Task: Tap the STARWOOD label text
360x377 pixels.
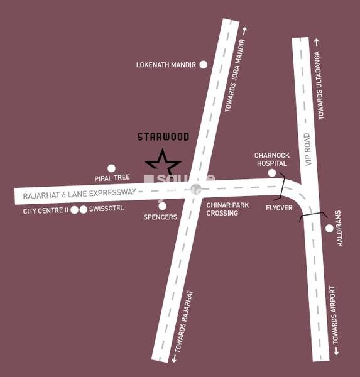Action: (x=163, y=136)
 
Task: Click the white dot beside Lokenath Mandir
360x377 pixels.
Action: (x=203, y=64)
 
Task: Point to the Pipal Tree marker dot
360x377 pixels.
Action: (x=112, y=168)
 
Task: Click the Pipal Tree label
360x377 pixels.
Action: (x=112, y=178)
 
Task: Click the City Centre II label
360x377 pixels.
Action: (x=45, y=210)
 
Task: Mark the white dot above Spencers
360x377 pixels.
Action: (x=163, y=205)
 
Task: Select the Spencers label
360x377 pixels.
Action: (x=161, y=217)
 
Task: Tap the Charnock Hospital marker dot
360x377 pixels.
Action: (x=272, y=173)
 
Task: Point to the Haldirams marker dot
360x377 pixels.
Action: (x=329, y=228)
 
